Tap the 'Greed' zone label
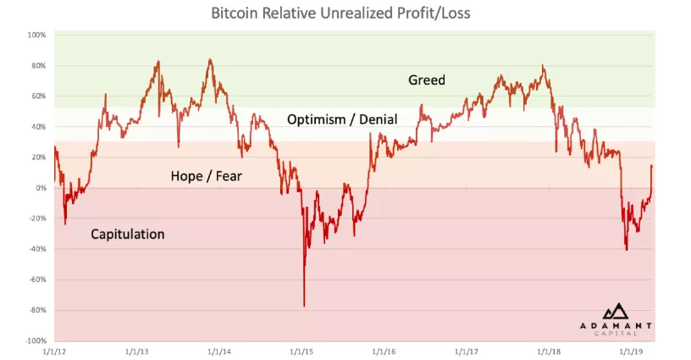(x=426, y=80)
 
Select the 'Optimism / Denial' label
(x=342, y=119)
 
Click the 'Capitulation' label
(x=127, y=234)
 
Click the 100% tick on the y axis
(x=36, y=35)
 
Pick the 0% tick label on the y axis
(x=40, y=188)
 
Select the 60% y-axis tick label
(x=38, y=97)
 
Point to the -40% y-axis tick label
(x=36, y=249)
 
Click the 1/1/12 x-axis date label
(x=54, y=350)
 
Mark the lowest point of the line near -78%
(x=304, y=306)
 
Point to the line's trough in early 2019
(x=627, y=250)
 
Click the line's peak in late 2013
(x=210, y=59)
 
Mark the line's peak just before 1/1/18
(x=543, y=66)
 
